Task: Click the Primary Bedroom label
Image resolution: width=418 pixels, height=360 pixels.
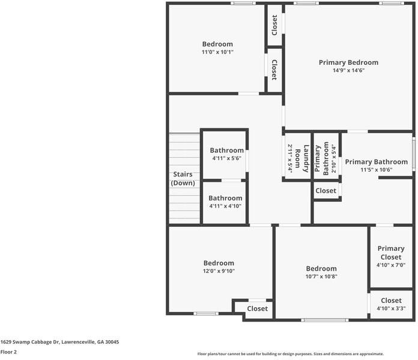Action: pos(348,62)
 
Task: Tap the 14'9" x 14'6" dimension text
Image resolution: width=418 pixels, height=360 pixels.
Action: pos(348,70)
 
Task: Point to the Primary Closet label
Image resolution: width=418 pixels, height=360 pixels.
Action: pos(391,253)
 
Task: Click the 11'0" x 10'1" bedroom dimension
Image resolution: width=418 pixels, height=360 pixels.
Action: pos(217,52)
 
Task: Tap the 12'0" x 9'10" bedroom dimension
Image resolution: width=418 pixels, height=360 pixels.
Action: pos(218,271)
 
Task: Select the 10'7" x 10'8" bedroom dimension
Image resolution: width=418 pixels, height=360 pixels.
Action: pos(321,277)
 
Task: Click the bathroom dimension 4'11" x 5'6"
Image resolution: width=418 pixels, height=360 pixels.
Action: pos(226,158)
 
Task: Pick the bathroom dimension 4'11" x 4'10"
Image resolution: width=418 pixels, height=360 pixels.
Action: pos(225,206)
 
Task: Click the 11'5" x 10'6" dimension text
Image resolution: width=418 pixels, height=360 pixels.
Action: pos(376,170)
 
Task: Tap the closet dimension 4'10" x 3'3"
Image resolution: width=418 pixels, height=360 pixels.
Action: pos(391,308)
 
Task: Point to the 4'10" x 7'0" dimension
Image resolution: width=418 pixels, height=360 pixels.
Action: pos(391,265)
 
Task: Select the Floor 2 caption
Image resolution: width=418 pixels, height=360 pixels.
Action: pos(8,352)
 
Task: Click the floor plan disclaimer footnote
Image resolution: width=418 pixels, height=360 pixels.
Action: pos(290,354)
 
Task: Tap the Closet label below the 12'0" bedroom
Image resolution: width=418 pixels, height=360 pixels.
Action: pos(258,308)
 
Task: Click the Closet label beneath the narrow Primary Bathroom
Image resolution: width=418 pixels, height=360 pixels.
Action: pos(326,191)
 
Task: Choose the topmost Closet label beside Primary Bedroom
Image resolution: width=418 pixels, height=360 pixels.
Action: pos(274,25)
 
